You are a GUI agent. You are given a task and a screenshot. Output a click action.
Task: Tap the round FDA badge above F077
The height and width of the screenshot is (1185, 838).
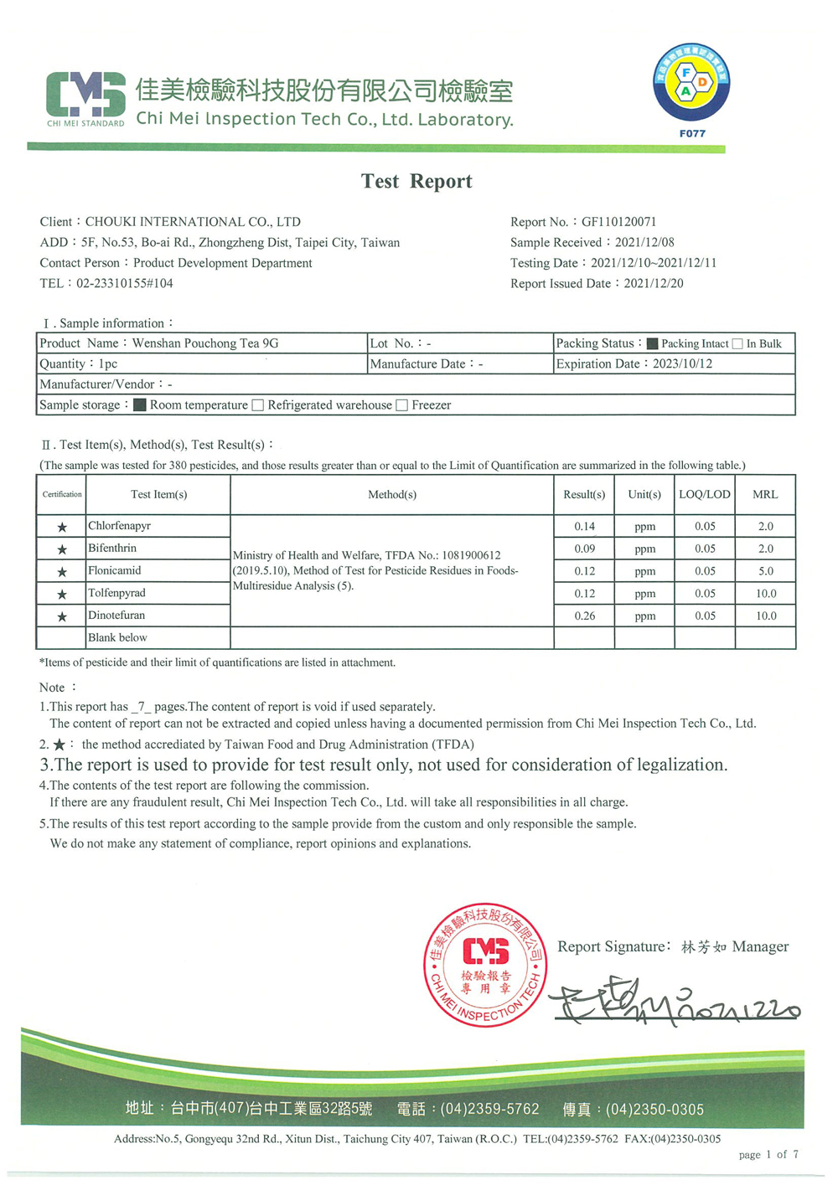click(691, 83)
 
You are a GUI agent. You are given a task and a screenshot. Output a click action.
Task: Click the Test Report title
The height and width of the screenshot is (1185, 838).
click(416, 182)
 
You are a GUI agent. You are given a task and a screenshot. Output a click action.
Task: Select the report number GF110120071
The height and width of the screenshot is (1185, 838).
click(618, 222)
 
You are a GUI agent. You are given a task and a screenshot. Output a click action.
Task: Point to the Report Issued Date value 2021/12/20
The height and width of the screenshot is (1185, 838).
click(653, 284)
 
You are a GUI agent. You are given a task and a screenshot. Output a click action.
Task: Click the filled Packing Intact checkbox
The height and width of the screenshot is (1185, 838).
click(652, 343)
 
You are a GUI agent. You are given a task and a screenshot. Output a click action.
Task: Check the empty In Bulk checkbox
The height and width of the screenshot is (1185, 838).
click(737, 343)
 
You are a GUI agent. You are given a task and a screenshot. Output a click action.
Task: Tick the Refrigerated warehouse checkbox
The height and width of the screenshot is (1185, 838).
click(258, 405)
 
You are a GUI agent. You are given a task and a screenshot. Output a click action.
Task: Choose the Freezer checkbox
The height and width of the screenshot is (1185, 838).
click(402, 405)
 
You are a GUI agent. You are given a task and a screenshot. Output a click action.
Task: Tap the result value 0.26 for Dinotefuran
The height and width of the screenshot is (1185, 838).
click(584, 616)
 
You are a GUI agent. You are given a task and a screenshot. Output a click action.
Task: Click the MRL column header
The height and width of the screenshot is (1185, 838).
click(765, 495)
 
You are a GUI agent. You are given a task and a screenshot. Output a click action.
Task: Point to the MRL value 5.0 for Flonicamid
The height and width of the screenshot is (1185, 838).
click(765, 571)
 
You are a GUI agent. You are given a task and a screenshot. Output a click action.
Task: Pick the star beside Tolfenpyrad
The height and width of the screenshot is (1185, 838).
click(62, 595)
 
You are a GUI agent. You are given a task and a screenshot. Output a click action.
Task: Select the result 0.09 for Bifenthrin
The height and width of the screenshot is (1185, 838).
click(584, 549)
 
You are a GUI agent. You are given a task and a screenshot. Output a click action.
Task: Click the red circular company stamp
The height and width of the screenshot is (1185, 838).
click(485, 966)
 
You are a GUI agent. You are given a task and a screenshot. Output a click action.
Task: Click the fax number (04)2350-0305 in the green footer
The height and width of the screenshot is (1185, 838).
click(654, 1110)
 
